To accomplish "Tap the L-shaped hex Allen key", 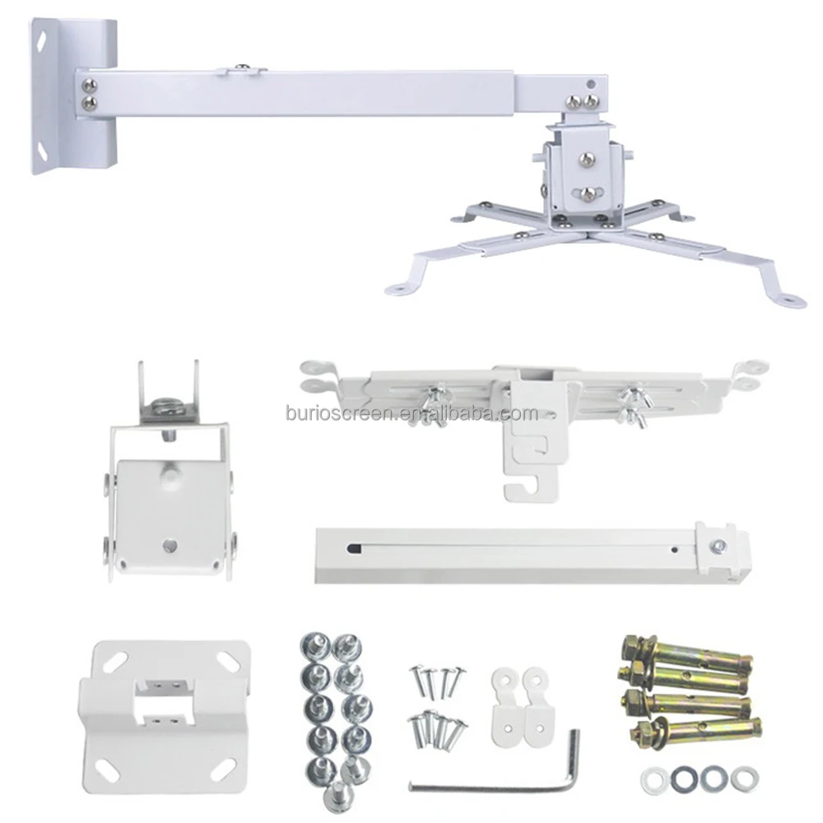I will (x=494, y=783).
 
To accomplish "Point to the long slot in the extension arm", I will (x=510, y=547).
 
